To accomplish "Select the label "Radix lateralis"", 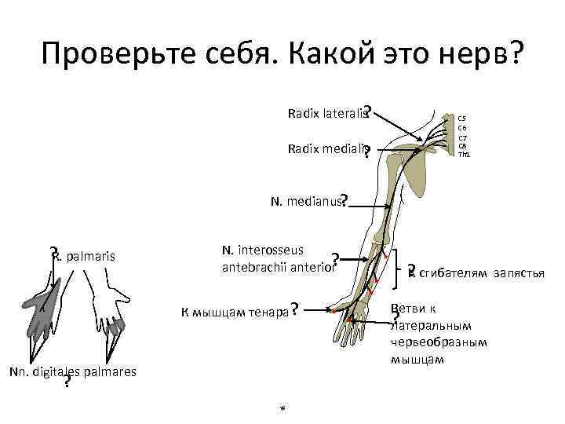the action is [327, 115].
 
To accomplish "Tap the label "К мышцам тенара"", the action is [233, 312].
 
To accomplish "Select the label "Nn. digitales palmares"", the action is [73, 371].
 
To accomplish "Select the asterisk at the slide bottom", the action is [282, 409].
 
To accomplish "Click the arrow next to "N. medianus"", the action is [369, 207].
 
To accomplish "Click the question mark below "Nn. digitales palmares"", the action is [67, 382].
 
